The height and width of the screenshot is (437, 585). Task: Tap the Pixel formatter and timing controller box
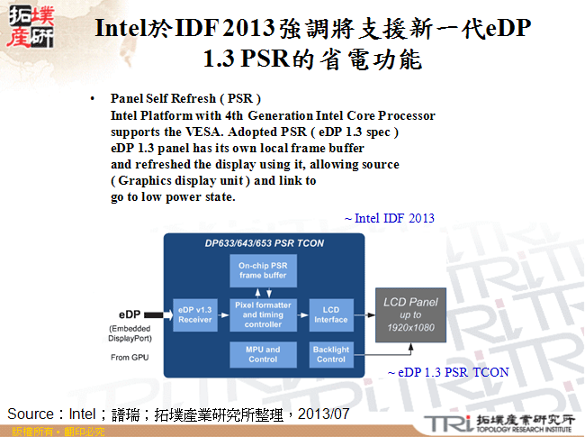(264, 314)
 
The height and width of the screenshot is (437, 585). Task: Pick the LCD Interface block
(331, 314)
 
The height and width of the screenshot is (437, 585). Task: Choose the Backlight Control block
(331, 354)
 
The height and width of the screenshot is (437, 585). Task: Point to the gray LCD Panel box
(410, 314)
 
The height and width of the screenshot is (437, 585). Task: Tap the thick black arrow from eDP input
(157, 314)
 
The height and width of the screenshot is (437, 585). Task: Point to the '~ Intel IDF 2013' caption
(390, 218)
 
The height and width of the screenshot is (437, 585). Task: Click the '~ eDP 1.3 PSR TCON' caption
(447, 371)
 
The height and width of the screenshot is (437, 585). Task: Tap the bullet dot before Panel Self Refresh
(93, 97)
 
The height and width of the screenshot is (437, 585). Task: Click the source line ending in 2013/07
(177, 414)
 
